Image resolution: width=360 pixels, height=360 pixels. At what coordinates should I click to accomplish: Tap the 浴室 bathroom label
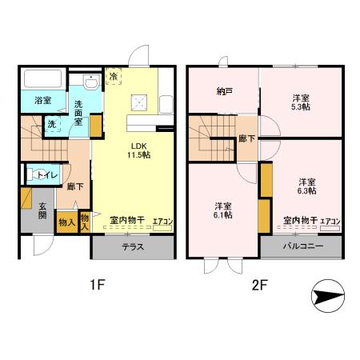42,102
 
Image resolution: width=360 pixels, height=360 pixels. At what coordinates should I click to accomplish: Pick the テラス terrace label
133,247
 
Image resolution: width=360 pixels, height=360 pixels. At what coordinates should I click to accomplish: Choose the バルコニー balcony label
302,246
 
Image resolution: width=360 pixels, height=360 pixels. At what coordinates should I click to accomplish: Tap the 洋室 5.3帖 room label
300,101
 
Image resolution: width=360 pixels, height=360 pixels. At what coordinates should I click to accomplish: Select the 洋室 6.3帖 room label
307,185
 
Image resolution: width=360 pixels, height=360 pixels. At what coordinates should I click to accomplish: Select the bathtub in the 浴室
42,80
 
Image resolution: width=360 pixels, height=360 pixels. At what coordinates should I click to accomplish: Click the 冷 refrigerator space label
114,76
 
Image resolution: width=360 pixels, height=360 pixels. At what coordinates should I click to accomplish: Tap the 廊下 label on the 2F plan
246,138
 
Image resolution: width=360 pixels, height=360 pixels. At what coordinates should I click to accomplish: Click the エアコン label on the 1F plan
162,220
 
